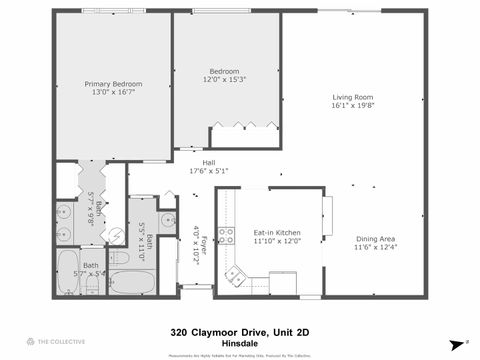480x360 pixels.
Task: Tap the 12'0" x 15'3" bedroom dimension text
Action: tap(224, 79)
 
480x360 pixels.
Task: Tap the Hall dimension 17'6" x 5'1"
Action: tap(209, 170)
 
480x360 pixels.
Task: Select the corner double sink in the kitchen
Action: tap(235, 273)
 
